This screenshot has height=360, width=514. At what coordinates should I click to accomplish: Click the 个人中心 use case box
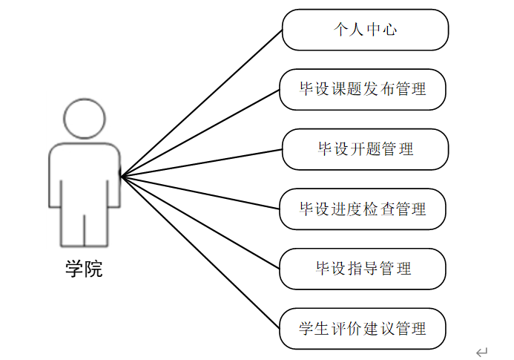(x=365, y=30)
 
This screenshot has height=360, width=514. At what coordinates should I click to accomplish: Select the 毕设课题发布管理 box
(x=363, y=90)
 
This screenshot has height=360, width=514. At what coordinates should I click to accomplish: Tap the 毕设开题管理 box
(x=365, y=149)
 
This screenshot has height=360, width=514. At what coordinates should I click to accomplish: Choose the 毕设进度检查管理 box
(x=363, y=209)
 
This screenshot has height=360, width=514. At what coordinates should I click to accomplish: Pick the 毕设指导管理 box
(x=363, y=269)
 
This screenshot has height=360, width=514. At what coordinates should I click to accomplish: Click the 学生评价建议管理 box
(x=363, y=328)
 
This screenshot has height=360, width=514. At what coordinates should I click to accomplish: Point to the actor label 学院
(x=84, y=269)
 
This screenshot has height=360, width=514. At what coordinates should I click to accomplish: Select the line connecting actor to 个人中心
(x=200, y=105)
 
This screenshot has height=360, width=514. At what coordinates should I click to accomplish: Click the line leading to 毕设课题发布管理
(x=200, y=134)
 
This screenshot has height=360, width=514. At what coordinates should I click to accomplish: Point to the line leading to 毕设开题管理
(x=200, y=163)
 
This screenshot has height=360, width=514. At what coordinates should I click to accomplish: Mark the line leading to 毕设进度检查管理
(x=200, y=193)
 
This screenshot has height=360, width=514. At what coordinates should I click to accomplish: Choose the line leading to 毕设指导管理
(x=200, y=222)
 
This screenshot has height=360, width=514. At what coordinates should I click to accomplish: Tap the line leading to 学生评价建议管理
(x=200, y=252)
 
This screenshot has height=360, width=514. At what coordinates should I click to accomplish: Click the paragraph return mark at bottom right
(x=482, y=351)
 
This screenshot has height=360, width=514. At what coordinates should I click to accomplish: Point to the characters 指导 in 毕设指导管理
(x=356, y=269)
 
